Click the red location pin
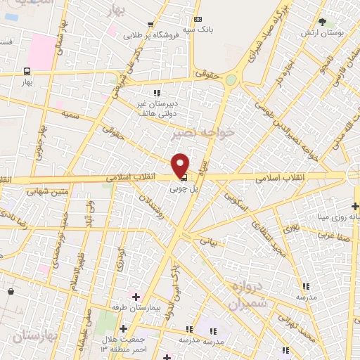pyautogui.click(x=180, y=165)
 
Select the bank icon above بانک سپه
pyautogui.click(x=198, y=19)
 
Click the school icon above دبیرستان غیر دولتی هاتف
pyautogui.click(x=157, y=92)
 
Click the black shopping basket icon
pyautogui.click(x=11, y=290)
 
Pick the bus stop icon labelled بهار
pyautogui.click(x=27, y=71)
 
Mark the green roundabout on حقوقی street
pyautogui.click(x=231, y=80)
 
